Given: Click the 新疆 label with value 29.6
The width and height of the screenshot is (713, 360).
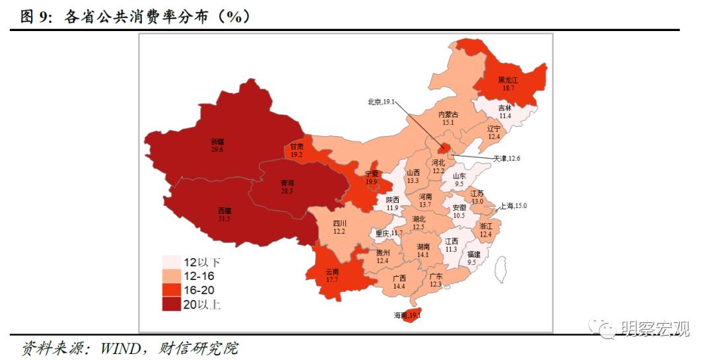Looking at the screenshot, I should coord(217,145).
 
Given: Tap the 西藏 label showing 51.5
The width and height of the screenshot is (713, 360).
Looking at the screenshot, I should coord(224,214).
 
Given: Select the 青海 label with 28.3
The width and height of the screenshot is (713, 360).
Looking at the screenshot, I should coord(287,186).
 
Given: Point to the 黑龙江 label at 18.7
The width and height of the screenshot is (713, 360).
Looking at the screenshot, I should coord(508,83).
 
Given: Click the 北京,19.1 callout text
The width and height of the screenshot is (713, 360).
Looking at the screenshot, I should coord(381,102).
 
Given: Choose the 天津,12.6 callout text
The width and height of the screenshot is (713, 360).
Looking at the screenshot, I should coord(507,159).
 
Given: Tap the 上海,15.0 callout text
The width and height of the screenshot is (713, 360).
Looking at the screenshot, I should coord(513,206).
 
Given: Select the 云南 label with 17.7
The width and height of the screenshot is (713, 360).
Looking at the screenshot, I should coord(332,275).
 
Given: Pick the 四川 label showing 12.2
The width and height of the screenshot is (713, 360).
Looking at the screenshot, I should coord(340,227).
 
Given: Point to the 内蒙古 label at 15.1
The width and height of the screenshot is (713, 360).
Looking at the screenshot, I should coord(448,118).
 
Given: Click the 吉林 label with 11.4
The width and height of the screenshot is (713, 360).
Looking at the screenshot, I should coord(504,112).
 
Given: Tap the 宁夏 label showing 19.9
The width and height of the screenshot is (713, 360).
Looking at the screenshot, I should coord(372,177).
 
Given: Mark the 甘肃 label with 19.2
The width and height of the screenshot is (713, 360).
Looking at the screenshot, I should coord(297,151).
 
